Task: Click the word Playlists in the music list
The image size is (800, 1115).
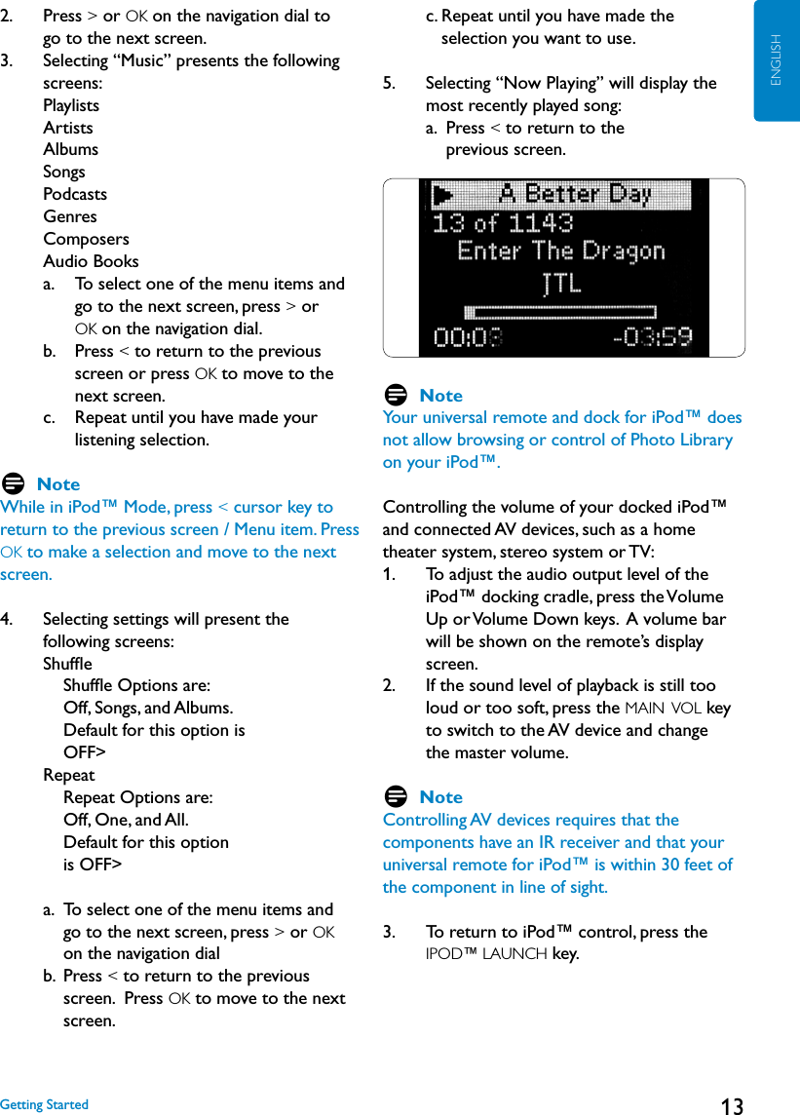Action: tap(71, 105)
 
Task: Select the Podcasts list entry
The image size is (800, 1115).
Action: tap(75, 194)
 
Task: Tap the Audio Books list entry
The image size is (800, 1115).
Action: tap(91, 261)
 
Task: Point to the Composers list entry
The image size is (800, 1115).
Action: tap(86, 239)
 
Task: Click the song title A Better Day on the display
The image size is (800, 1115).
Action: tap(575, 193)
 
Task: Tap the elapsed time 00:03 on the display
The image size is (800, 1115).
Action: tap(469, 338)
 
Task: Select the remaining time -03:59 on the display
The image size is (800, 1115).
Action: tap(652, 338)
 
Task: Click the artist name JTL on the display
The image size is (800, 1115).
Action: tap(560, 284)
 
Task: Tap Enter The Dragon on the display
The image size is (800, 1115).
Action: tap(560, 251)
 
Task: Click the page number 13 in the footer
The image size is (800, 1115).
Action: tap(732, 1105)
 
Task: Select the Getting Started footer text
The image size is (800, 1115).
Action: tap(44, 1104)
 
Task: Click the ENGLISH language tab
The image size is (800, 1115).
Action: tap(777, 60)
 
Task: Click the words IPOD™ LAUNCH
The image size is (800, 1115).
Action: tap(486, 954)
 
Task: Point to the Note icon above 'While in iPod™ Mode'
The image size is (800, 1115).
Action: tap(14, 484)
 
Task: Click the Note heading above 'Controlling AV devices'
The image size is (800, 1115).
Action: tap(440, 797)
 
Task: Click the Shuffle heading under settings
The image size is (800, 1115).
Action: tap(67, 664)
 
